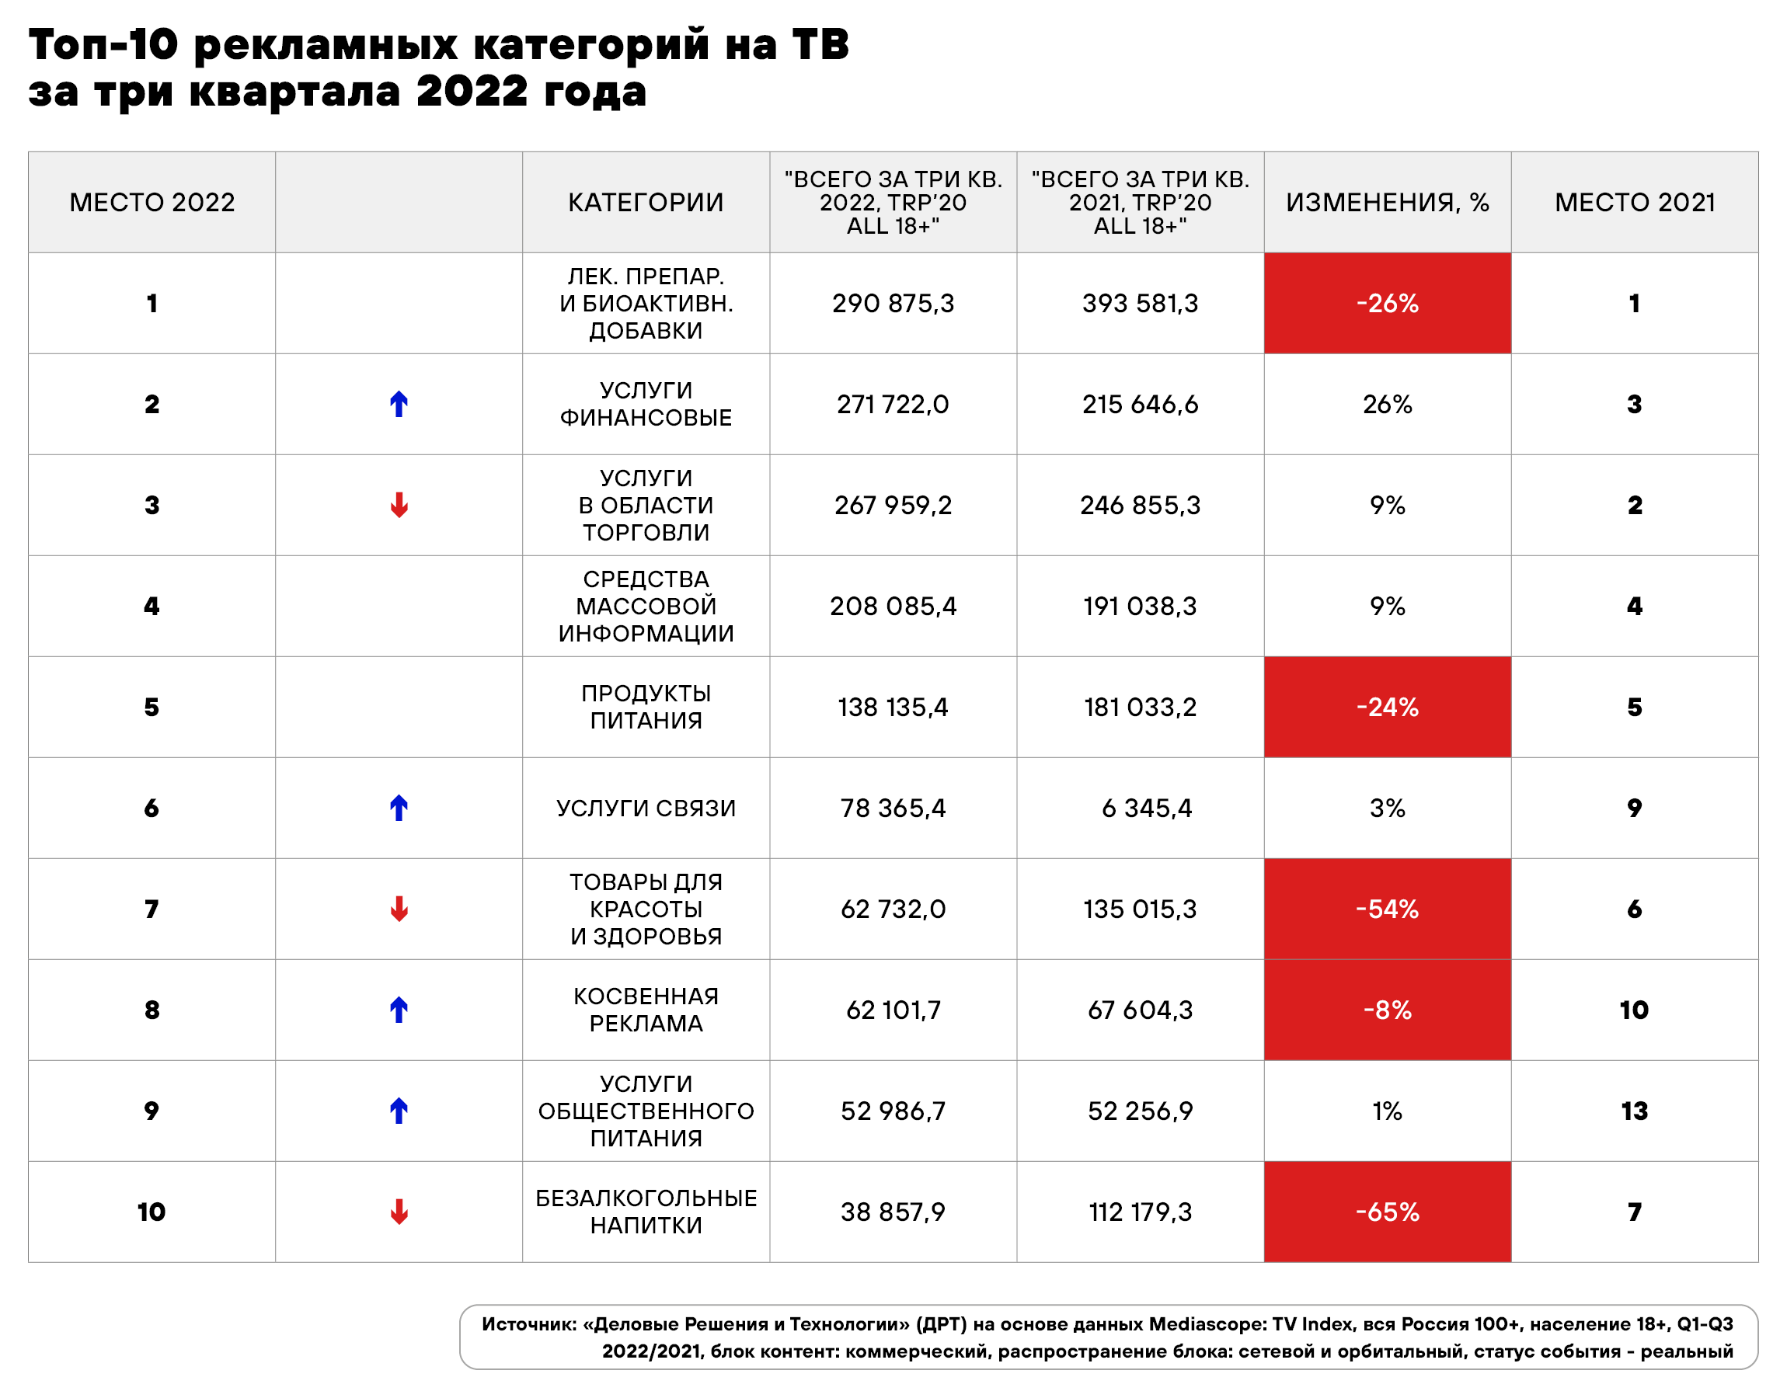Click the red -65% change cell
[1387, 1212]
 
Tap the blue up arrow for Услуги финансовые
[399, 405]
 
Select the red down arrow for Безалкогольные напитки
[399, 1212]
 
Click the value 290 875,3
[892, 304]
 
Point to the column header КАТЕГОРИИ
[646, 202]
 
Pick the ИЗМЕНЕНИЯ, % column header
[1387, 202]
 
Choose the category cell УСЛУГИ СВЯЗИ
[646, 808]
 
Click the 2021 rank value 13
[1634, 1111]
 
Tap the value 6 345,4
[1146, 808]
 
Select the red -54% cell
[1387, 909]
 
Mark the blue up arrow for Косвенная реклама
[399, 1010]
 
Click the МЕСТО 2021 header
[1634, 202]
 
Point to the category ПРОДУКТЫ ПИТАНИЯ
[646, 706]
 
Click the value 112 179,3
[1140, 1212]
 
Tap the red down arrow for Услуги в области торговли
[399, 505]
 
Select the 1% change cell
[1387, 1111]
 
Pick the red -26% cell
[1387, 304]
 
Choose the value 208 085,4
[892, 606]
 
